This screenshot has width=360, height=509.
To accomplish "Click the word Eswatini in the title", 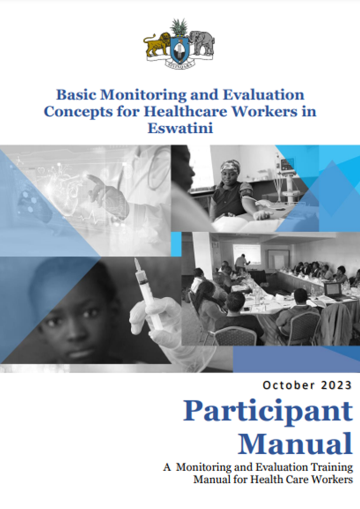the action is tap(180, 128).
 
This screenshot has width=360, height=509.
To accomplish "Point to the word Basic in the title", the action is tap(76, 95).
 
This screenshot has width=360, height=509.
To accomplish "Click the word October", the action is tap(289, 385).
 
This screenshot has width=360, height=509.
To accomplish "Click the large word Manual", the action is tap(295, 443).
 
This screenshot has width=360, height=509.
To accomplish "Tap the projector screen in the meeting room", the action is tap(247, 254).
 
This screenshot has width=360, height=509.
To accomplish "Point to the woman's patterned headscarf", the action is tap(230, 166).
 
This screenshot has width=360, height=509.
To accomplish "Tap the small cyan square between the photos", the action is tap(176, 244).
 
